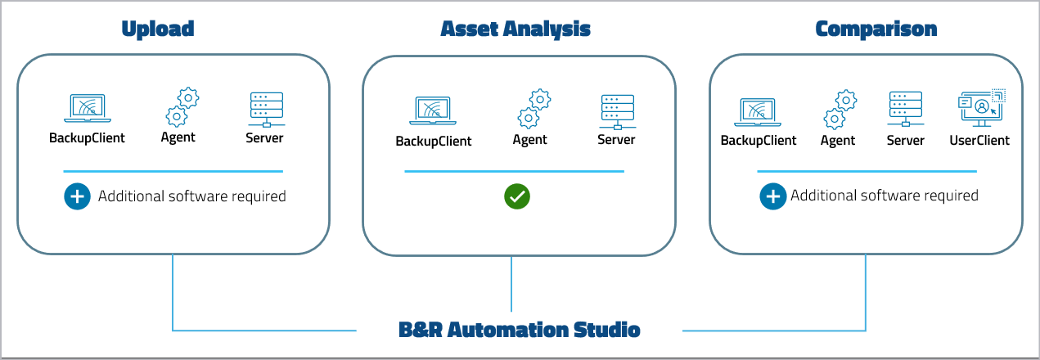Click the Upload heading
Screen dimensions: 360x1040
click(158, 29)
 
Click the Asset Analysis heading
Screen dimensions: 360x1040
click(515, 29)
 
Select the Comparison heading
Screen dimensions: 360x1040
click(876, 29)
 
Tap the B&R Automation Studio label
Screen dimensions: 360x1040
click(519, 331)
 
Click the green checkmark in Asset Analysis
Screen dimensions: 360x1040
click(517, 196)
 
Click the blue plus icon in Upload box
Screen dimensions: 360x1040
click(77, 196)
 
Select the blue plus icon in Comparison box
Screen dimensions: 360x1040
click(772, 196)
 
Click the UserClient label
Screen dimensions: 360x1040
click(979, 141)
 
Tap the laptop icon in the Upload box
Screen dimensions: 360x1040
click(88, 109)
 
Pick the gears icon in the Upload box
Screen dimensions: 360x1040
click(182, 107)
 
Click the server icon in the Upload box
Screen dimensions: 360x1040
click(265, 109)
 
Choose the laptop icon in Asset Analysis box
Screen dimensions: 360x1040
click(434, 111)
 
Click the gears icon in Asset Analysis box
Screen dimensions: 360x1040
click(534, 110)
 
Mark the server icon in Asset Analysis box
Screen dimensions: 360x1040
click(617, 111)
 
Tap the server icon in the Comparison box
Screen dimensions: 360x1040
click(905, 110)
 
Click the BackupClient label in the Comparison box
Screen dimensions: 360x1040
click(759, 141)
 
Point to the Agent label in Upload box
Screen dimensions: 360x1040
click(178, 137)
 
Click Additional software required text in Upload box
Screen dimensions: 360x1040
click(192, 196)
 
